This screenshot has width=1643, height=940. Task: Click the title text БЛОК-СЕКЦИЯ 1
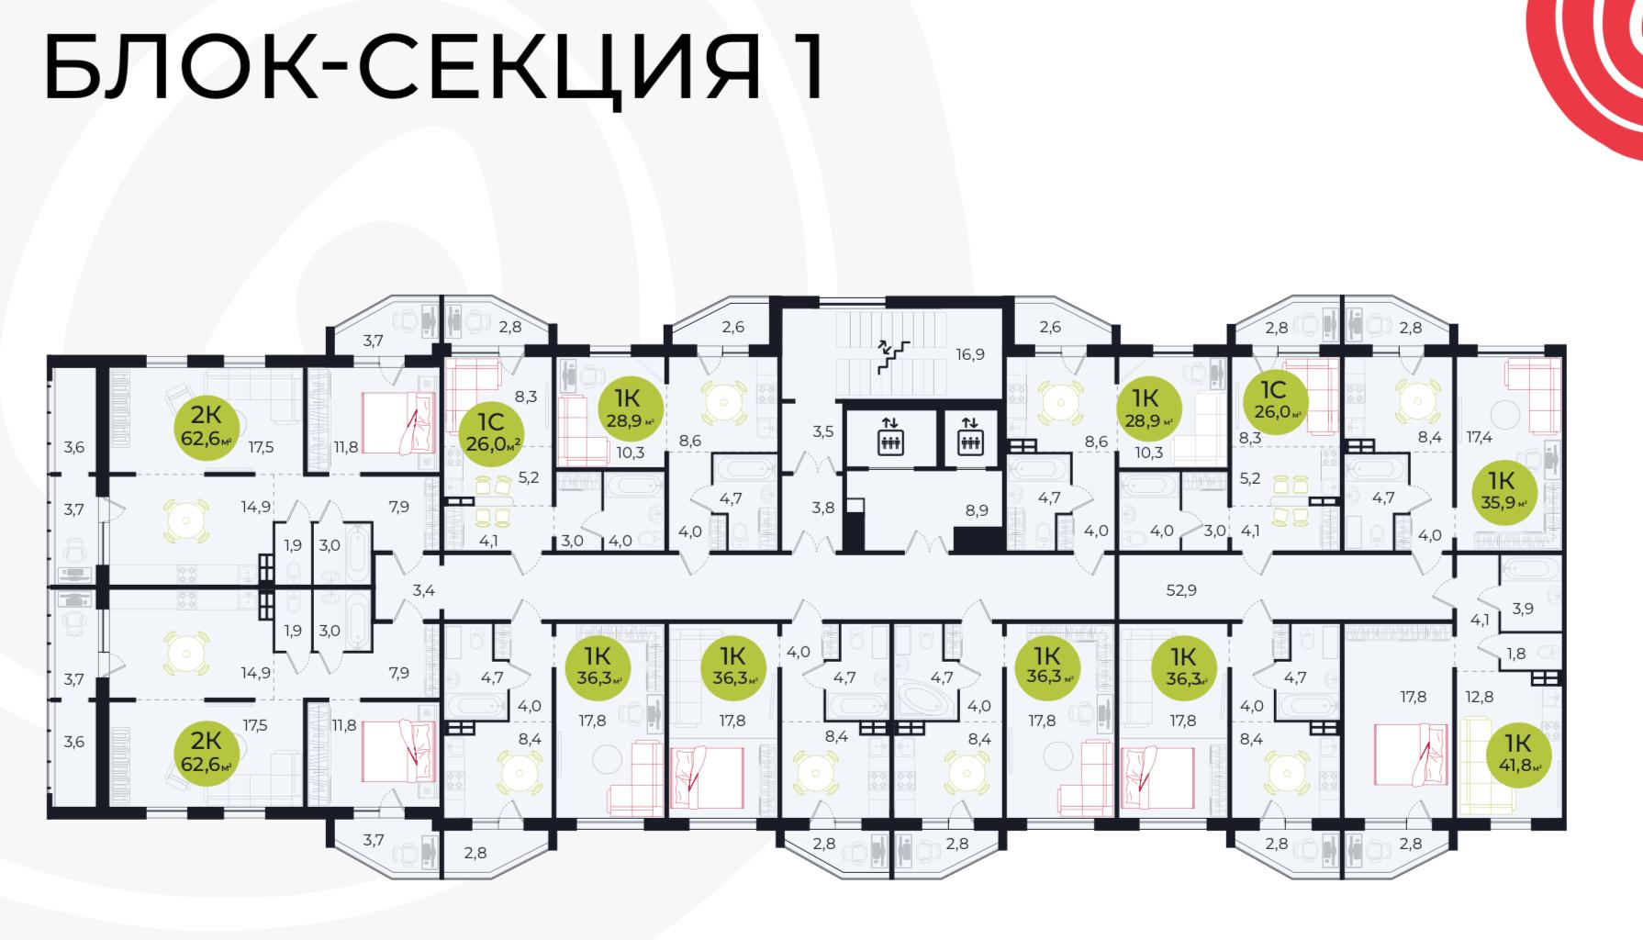tap(434, 69)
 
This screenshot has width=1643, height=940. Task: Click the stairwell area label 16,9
tap(968, 353)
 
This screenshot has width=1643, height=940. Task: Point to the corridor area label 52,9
tap(1181, 590)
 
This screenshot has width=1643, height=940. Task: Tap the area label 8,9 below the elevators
tap(976, 509)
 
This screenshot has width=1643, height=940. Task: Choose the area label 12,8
tap(1480, 697)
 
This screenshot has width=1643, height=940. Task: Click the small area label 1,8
tap(1516, 654)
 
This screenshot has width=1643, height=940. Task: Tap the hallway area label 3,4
tap(423, 590)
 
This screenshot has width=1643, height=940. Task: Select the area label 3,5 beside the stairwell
tap(823, 431)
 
